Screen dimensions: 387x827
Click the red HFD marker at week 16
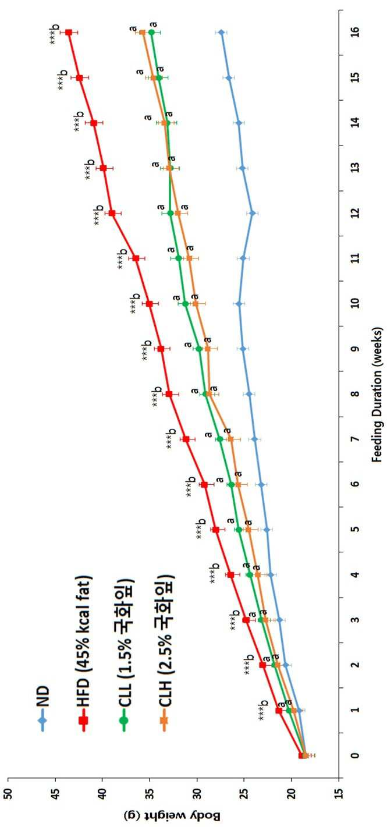pyautogui.click(x=68, y=33)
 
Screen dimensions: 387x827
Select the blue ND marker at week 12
pyautogui.click(x=253, y=213)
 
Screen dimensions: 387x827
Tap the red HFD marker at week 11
pyautogui.click(x=136, y=258)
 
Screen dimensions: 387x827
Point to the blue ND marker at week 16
pyautogui.click(x=221, y=33)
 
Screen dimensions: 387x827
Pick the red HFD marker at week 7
pyautogui.click(x=186, y=439)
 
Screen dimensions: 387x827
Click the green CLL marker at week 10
pyautogui.click(x=186, y=303)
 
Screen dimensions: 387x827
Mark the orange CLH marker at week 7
pyautogui.click(x=231, y=439)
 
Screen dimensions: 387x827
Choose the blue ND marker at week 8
pyautogui.click(x=249, y=394)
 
